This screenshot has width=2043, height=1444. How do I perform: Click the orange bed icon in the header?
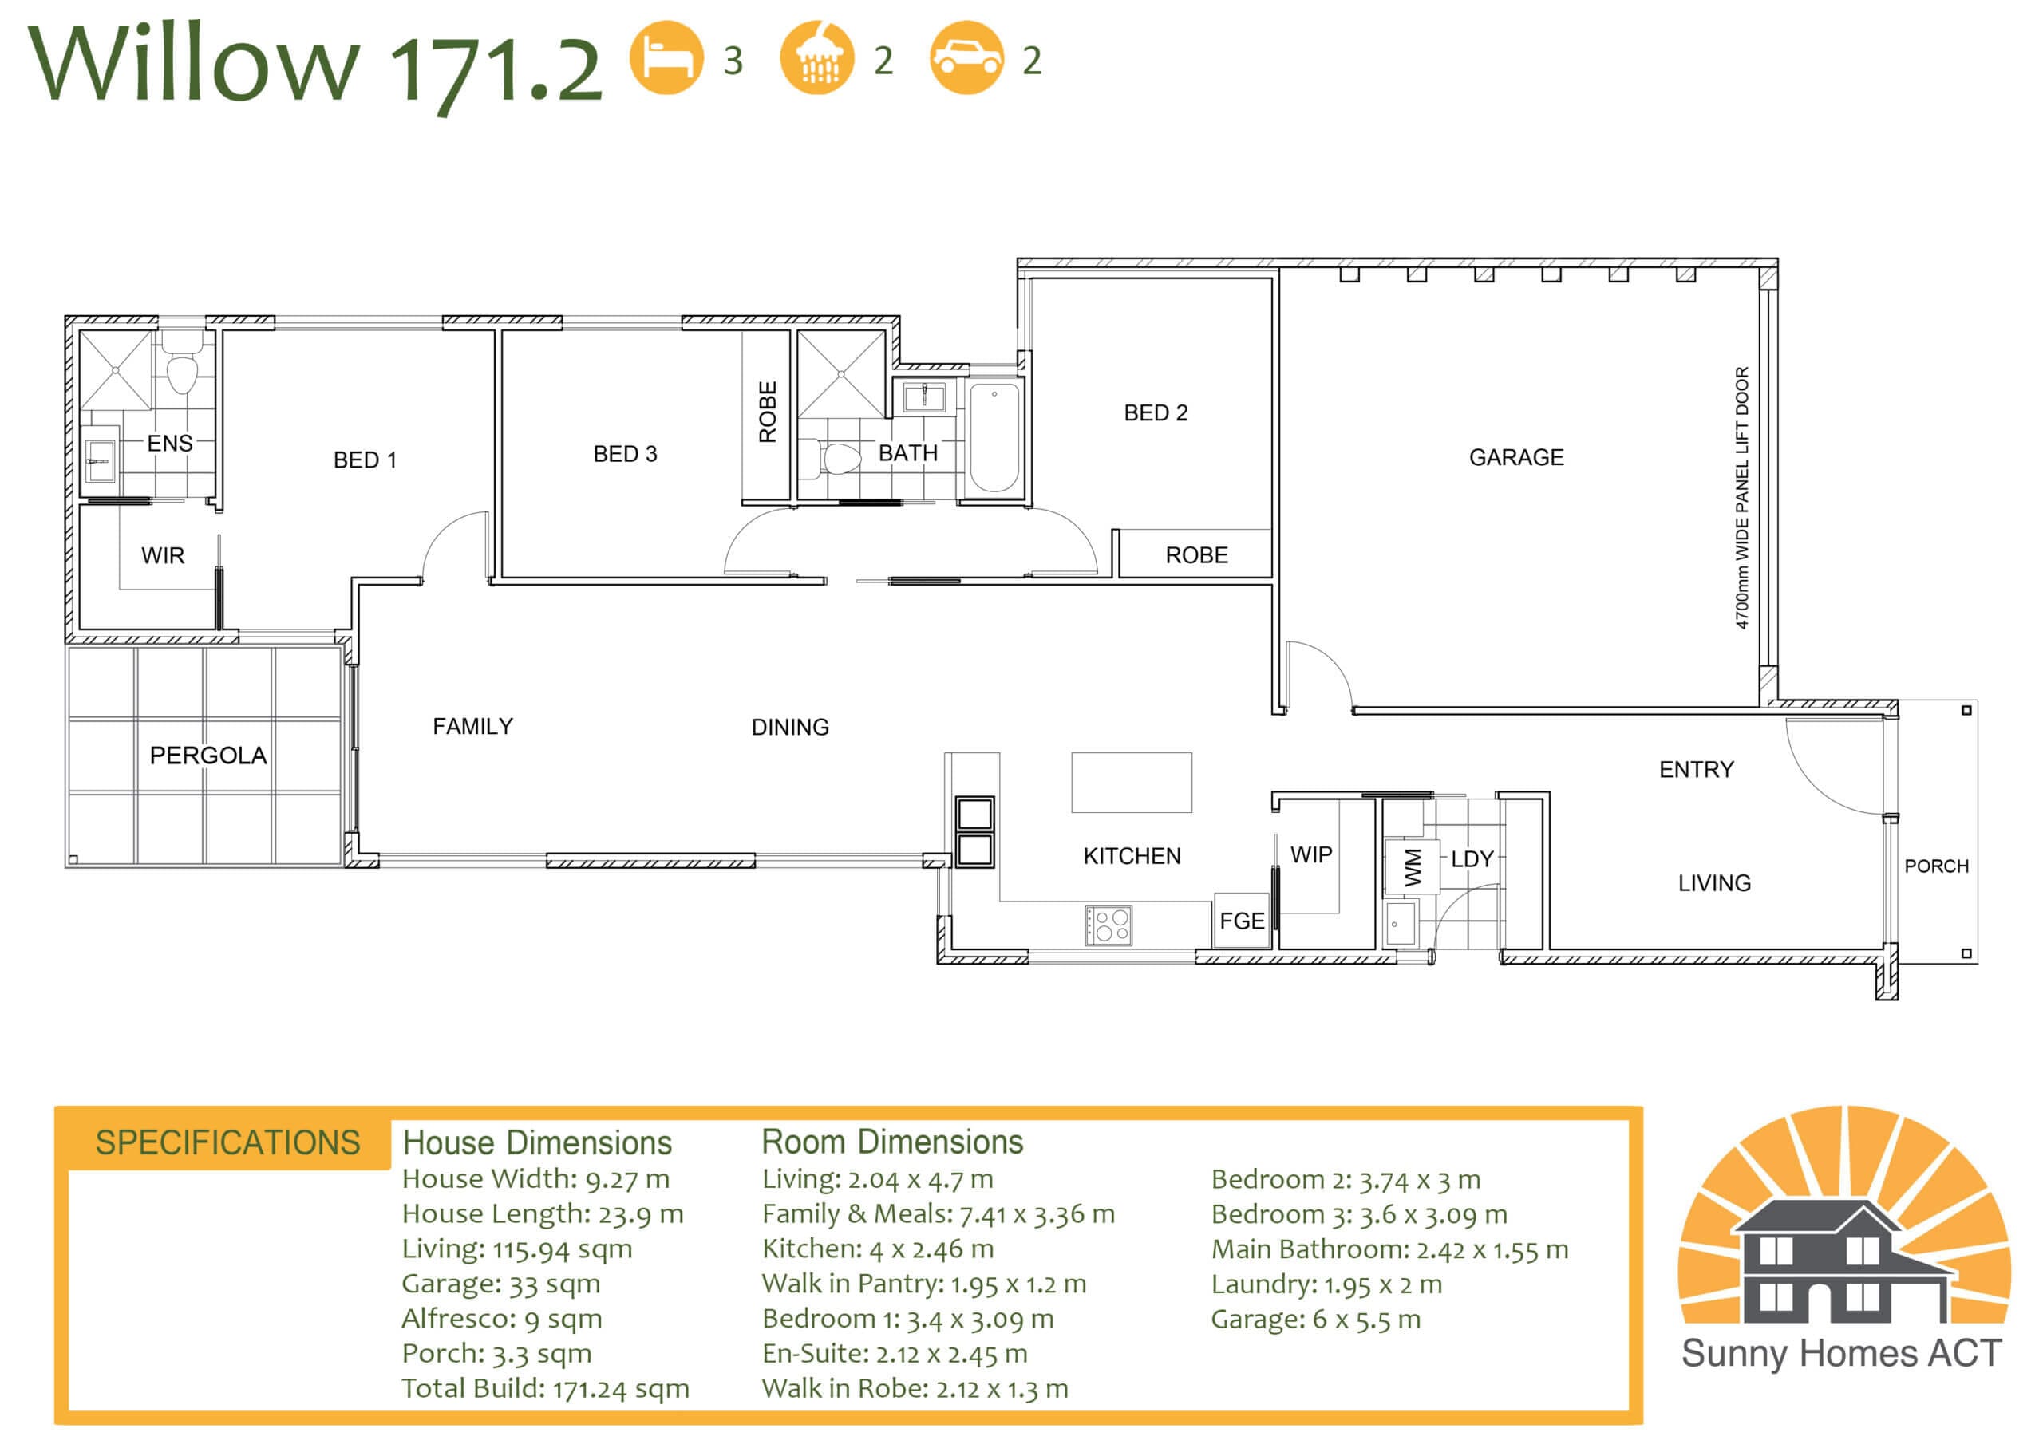click(666, 57)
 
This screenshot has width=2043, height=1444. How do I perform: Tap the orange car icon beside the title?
click(966, 57)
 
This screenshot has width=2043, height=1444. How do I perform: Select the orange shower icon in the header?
click(817, 57)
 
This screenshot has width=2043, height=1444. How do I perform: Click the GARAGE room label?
click(1516, 457)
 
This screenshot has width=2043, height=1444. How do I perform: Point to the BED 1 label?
click(365, 460)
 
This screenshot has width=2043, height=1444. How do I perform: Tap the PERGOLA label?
click(208, 756)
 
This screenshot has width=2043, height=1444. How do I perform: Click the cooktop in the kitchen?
click(1108, 925)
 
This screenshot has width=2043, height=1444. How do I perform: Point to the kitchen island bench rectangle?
click(1132, 782)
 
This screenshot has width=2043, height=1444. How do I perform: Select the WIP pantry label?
click(1311, 855)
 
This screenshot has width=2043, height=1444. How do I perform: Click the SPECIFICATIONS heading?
click(227, 1142)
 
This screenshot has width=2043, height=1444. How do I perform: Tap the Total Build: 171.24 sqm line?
click(545, 1389)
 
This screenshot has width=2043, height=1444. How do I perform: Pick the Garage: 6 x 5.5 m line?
click(1315, 1320)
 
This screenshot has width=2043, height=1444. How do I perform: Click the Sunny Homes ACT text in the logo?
click(1841, 1353)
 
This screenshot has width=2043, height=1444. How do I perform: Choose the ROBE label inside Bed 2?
click(1197, 555)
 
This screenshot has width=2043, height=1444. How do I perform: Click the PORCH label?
click(1936, 866)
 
